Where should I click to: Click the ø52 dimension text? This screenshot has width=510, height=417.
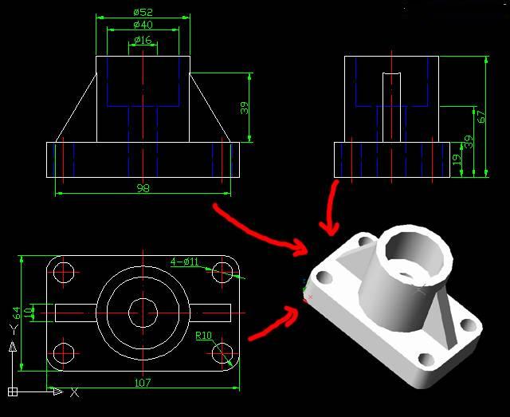point(143,12)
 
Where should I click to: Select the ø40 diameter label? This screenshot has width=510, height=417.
point(143,26)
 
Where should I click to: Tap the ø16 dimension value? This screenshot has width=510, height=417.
point(143,40)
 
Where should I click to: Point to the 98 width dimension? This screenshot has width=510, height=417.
point(143,188)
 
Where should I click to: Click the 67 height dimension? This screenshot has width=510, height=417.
point(481,116)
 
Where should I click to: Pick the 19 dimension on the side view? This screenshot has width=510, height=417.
point(457,159)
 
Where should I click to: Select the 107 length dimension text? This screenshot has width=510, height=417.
point(143,383)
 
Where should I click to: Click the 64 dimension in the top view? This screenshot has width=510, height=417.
point(15,313)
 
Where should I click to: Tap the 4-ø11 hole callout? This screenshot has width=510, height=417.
point(185,262)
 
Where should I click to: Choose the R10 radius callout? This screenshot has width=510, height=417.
point(204,336)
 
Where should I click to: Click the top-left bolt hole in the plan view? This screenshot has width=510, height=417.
point(65,272)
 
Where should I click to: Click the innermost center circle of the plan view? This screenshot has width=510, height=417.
point(143,312)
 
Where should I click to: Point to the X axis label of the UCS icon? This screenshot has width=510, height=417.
point(74,392)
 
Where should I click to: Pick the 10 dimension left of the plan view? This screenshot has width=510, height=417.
point(30,312)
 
